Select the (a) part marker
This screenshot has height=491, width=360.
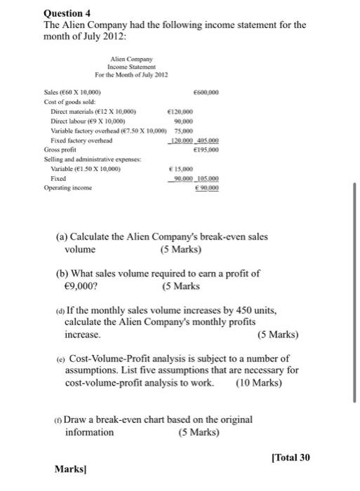(62, 236)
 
